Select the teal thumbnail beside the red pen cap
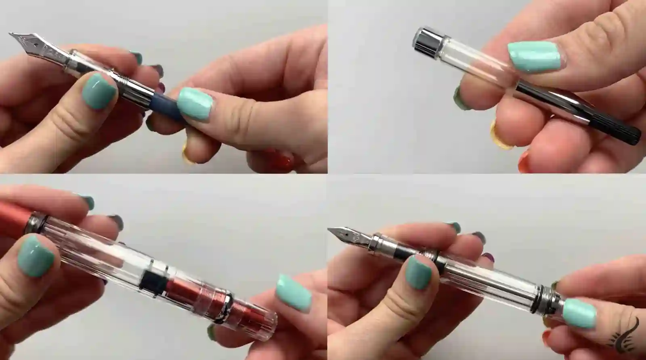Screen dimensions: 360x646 coord(35,256)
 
